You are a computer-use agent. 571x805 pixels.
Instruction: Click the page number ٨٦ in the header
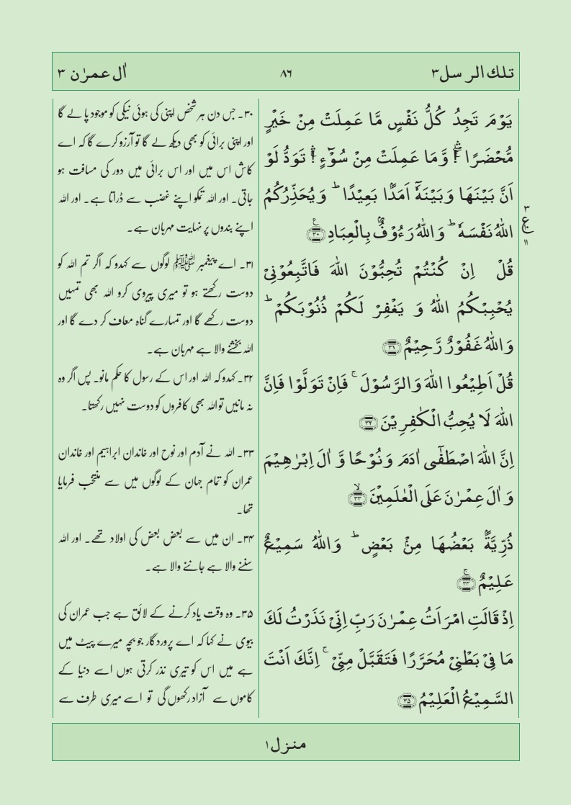point(286,73)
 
